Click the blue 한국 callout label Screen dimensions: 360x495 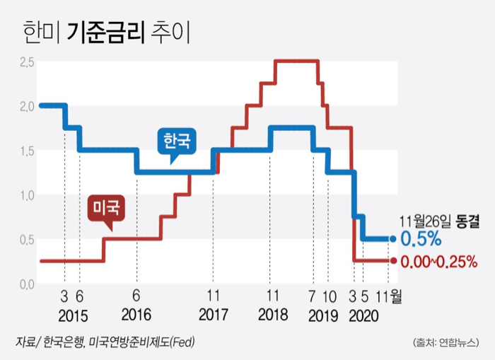pyautogui.click(x=177, y=140)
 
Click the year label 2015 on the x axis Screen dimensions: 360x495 pyautogui.click(x=72, y=315)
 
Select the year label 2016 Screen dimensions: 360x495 pyautogui.click(x=136, y=315)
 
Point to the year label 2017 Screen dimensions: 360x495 pyautogui.click(x=213, y=315)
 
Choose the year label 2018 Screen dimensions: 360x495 pyautogui.click(x=272, y=315)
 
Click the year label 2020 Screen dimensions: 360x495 pyautogui.click(x=366, y=315)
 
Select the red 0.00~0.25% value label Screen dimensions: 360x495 pyautogui.click(x=438, y=261)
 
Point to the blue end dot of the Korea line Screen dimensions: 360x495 pyautogui.click(x=393, y=239)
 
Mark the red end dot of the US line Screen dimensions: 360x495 pyautogui.click(x=393, y=261)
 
